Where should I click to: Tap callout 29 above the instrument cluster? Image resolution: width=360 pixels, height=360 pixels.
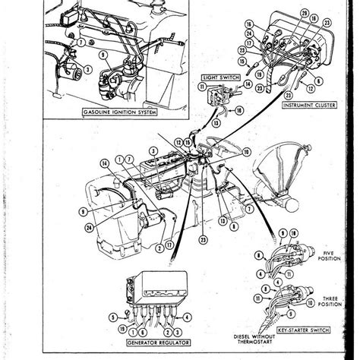(x=284, y=15)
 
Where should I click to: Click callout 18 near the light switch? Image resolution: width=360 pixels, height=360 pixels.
(x=240, y=112)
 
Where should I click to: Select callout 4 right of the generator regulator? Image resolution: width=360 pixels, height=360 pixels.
(x=200, y=332)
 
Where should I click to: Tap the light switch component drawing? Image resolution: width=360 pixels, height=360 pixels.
(x=221, y=95)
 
